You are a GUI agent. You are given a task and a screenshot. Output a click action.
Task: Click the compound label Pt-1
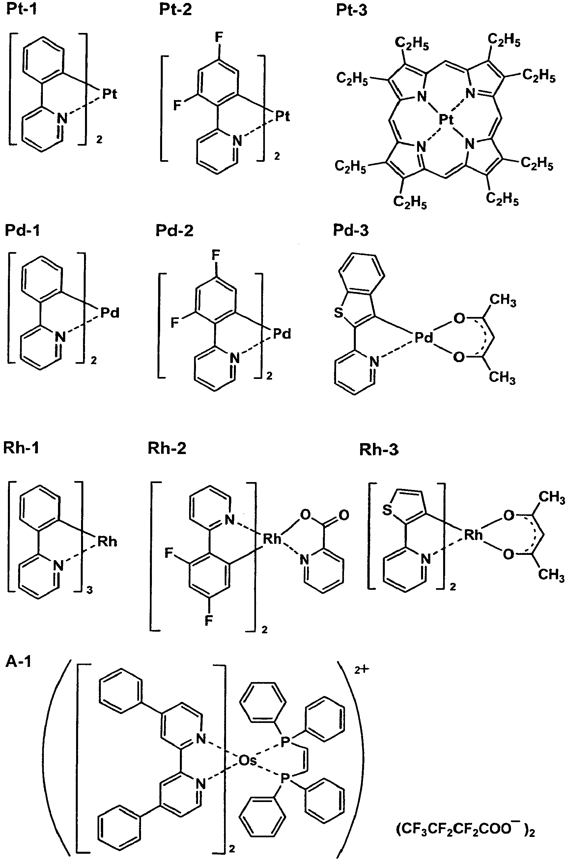22,10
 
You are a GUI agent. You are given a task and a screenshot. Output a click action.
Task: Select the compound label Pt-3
352,10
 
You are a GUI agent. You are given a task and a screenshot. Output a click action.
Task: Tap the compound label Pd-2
174,230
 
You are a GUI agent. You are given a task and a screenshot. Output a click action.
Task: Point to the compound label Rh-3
379,449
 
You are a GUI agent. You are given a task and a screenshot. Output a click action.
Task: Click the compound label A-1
18,662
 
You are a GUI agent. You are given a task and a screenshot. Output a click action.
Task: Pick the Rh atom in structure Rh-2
272,539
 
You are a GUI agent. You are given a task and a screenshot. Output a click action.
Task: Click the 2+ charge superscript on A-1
361,670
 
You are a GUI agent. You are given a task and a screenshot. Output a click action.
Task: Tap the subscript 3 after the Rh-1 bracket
90,590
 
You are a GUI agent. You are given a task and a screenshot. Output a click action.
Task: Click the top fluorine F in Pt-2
219,37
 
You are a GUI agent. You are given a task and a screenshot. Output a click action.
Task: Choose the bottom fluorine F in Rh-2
209,621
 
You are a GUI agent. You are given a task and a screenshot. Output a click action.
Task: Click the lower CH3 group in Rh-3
551,575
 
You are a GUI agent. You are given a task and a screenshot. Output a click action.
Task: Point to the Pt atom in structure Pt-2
283,116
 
